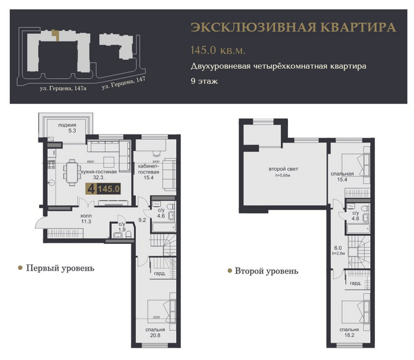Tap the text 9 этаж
tap(204, 81)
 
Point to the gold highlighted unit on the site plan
tap(55, 34)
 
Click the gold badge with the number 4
tap(90, 189)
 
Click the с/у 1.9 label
tap(121, 227)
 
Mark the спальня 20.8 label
tap(155, 333)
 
